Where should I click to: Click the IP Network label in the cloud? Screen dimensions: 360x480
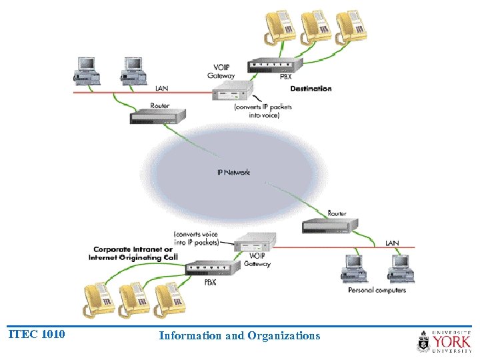click(x=233, y=172)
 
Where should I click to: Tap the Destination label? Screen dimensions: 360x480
click(x=311, y=89)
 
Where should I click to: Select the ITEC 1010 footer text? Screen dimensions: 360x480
click(x=37, y=334)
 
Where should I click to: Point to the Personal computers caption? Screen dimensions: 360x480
click(x=377, y=290)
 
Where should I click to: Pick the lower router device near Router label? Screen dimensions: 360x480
click(x=326, y=226)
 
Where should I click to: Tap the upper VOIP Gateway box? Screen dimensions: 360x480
click(x=233, y=91)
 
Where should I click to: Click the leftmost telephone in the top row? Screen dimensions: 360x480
click(x=279, y=27)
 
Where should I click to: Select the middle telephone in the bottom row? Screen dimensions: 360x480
click(x=132, y=301)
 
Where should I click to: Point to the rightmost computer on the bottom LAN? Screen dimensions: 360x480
click(x=399, y=268)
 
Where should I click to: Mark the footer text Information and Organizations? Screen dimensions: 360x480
click(x=239, y=335)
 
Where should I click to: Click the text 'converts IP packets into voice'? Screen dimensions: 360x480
click(x=257, y=111)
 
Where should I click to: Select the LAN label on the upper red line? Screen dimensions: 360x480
click(x=162, y=88)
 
